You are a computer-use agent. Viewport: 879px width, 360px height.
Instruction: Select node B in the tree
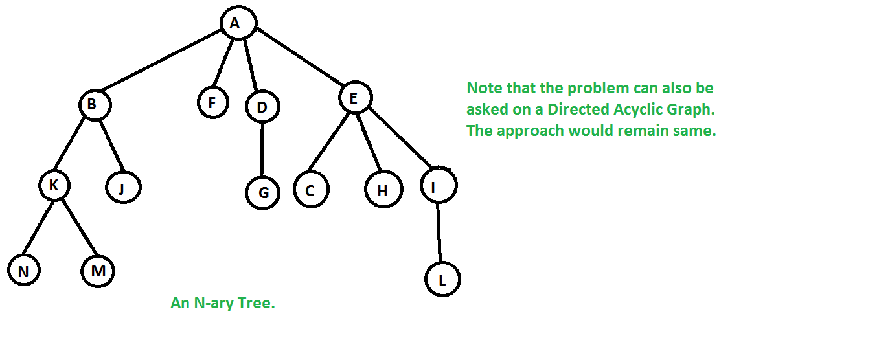95,105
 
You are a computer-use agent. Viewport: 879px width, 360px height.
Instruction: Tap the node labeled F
213,103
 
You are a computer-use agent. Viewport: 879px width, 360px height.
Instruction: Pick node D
262,107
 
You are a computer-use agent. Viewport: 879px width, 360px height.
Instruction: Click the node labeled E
355,98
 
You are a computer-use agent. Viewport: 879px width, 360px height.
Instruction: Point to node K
54,186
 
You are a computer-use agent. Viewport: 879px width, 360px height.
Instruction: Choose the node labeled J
123,188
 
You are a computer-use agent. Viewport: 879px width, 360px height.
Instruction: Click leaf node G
262,192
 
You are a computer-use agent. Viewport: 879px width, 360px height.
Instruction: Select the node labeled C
311,190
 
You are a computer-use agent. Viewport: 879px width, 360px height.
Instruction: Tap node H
383,190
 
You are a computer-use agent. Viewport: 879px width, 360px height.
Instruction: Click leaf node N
24,271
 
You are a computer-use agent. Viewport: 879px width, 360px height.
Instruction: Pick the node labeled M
98,271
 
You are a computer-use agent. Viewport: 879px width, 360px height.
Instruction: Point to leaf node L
442,280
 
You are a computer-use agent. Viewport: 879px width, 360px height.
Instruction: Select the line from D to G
262,150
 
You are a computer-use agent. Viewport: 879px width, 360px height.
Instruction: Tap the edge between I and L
439,233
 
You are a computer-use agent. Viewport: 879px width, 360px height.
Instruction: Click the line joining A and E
298,60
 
